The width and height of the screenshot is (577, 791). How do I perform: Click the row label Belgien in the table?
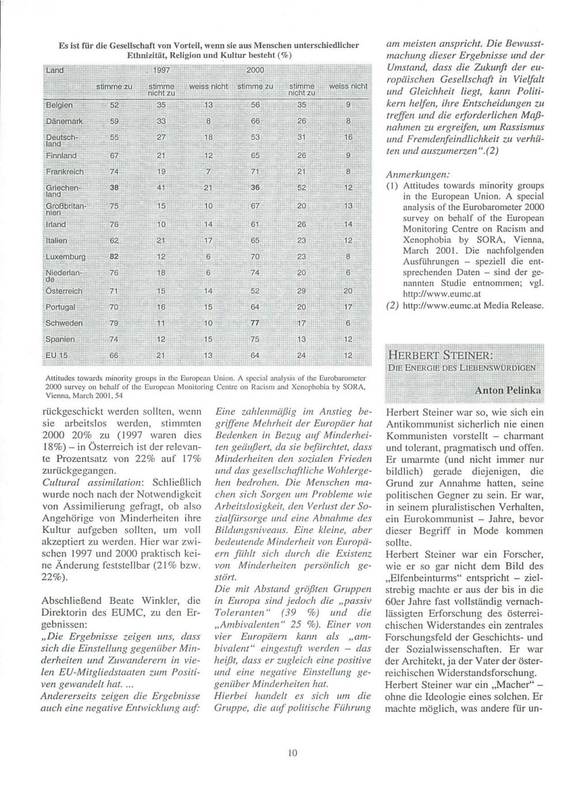59,106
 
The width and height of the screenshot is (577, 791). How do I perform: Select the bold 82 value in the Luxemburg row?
114,256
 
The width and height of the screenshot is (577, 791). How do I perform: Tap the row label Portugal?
61,307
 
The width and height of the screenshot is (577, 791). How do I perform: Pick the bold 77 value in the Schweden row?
255,323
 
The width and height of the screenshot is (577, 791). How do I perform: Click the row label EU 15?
57,356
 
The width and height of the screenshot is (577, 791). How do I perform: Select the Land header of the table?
55,70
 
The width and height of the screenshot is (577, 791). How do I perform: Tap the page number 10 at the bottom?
293,752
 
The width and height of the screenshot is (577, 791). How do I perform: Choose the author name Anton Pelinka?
508,390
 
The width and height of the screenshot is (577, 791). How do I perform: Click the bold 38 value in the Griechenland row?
114,188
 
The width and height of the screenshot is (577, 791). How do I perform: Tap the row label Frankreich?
64,171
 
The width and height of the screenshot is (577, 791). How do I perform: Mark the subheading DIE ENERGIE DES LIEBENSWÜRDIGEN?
462,367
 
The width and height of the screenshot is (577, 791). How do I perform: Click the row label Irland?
56,224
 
